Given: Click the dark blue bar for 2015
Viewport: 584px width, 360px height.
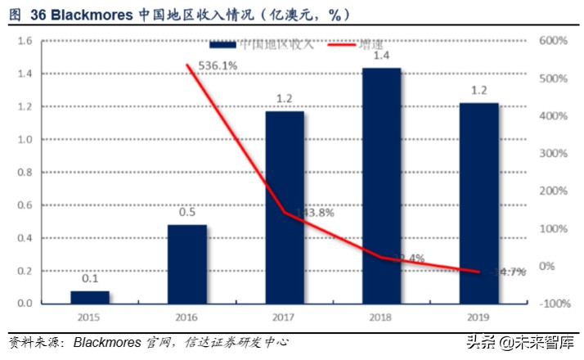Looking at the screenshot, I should point(90,297).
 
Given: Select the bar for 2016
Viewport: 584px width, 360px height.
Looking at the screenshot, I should point(187,263).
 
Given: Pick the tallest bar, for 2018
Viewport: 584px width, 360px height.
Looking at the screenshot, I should point(381,186).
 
